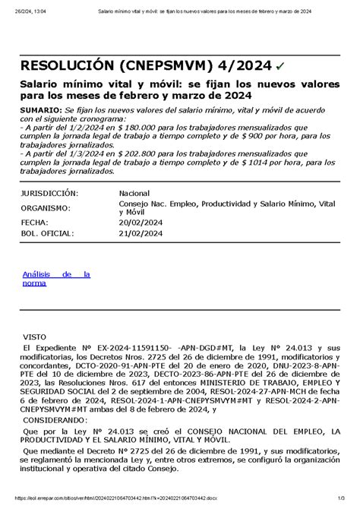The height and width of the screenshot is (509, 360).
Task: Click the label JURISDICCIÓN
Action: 49,193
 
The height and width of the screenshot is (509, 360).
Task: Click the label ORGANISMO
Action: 46,207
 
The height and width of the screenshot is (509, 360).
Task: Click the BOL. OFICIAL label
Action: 48,234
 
